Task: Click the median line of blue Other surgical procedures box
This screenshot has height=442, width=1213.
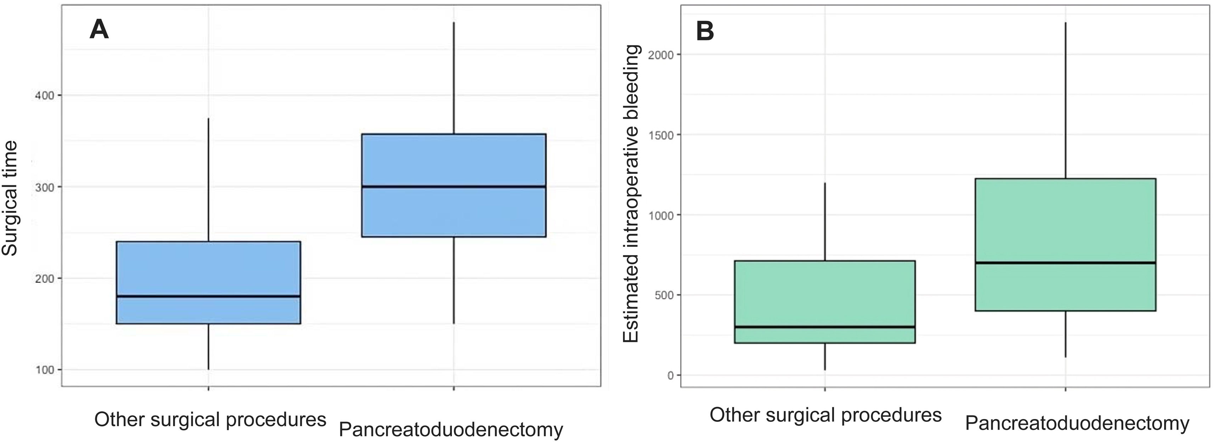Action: (x=209, y=296)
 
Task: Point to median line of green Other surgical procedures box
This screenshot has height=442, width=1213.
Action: (x=824, y=327)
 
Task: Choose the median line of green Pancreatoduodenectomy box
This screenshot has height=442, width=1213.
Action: (x=1066, y=263)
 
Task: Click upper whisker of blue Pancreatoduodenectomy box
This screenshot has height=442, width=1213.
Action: (x=453, y=78)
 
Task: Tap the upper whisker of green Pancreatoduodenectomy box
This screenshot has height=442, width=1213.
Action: (x=1066, y=100)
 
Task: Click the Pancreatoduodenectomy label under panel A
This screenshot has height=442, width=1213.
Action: (x=451, y=430)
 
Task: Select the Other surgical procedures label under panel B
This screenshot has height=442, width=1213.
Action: (x=826, y=415)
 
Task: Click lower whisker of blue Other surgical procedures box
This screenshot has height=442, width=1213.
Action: (x=209, y=347)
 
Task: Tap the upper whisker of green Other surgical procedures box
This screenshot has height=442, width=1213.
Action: (x=824, y=222)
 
